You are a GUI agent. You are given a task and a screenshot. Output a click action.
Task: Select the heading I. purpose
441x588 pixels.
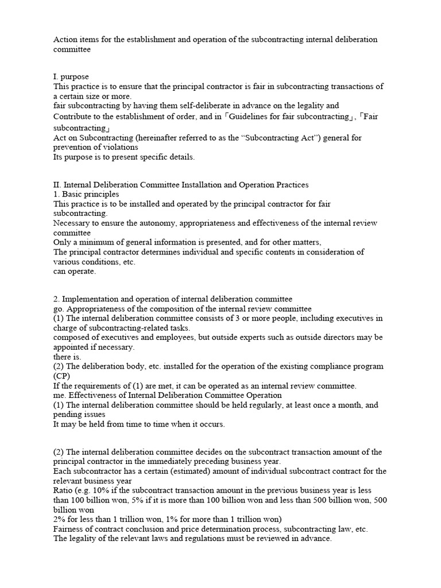pos(71,76)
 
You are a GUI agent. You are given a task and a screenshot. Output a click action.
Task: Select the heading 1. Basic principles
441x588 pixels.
pos(86,194)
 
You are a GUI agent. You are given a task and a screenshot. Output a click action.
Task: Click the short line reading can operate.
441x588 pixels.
pos(75,272)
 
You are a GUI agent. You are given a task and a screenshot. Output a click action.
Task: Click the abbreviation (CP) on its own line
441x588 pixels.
pos(62,376)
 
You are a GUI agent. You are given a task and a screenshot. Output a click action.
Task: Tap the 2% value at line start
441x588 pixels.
pos(61,519)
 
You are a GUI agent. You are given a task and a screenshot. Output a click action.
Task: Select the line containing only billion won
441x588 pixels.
pos(74,509)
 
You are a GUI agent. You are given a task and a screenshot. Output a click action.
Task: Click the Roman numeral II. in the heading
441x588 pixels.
pos(57,184)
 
